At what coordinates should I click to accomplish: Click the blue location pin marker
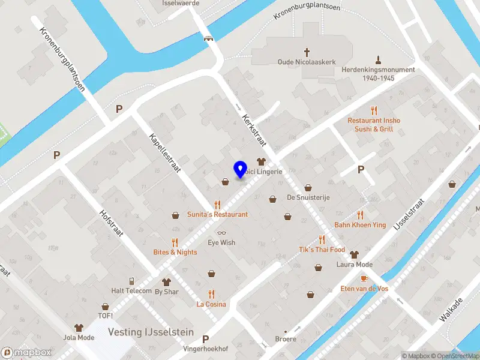pyautogui.click(x=241, y=169)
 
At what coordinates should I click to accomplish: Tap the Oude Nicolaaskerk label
pyautogui.click(x=306, y=61)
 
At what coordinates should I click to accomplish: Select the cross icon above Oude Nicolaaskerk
pyautogui.click(x=307, y=52)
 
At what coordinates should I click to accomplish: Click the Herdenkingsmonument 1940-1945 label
pyautogui.click(x=378, y=73)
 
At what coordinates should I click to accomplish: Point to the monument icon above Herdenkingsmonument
pyautogui.click(x=378, y=60)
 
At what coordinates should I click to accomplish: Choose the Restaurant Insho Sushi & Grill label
pyautogui.click(x=374, y=124)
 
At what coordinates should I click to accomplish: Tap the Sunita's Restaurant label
pyautogui.click(x=217, y=214)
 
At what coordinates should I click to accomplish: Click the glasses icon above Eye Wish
pyautogui.click(x=221, y=233)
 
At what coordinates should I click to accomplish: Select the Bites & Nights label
pyautogui.click(x=175, y=252)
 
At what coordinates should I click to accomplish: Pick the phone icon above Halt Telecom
pyautogui.click(x=131, y=281)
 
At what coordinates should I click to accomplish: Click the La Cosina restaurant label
pyautogui.click(x=211, y=304)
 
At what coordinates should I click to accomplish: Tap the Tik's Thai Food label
pyautogui.click(x=322, y=249)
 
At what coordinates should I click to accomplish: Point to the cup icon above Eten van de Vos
pyautogui.click(x=364, y=279)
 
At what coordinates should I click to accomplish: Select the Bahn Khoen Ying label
pyautogui.click(x=360, y=225)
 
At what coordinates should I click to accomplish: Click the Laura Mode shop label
pyautogui.click(x=355, y=265)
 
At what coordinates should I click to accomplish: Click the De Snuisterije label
pyautogui.click(x=308, y=197)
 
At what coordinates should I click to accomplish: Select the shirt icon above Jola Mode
pyautogui.click(x=79, y=328)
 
